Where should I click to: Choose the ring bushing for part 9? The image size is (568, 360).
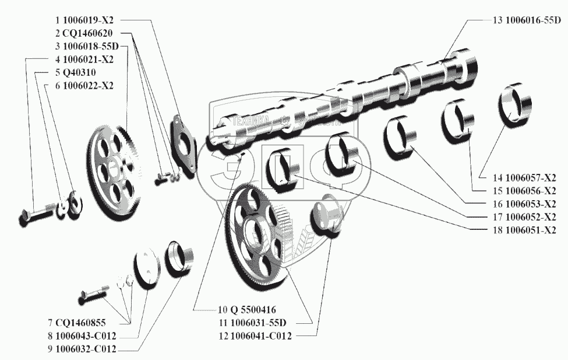click(180, 257)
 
